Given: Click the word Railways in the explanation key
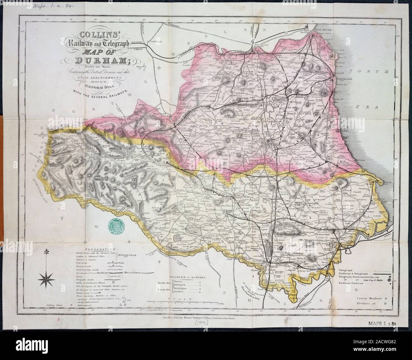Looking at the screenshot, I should coord(103,272).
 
